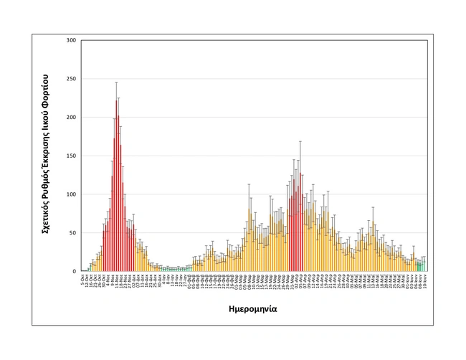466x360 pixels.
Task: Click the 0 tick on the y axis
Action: click(x=73, y=271)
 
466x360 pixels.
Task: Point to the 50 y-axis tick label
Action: click(x=72, y=233)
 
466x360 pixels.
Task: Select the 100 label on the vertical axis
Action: click(x=70, y=194)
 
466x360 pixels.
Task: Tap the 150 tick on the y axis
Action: click(x=70, y=156)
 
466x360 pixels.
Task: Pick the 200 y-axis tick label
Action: click(x=70, y=117)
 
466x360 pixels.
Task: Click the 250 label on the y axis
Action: click(x=70, y=79)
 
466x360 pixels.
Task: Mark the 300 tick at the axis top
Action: click(x=70, y=40)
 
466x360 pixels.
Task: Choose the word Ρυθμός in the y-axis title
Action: click(x=44, y=174)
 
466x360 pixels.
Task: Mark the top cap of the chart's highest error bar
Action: click(x=116, y=82)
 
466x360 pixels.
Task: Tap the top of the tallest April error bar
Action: click(x=300, y=141)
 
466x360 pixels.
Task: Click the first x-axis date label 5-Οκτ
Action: click(x=82, y=278)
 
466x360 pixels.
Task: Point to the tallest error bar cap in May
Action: click(x=373, y=207)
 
